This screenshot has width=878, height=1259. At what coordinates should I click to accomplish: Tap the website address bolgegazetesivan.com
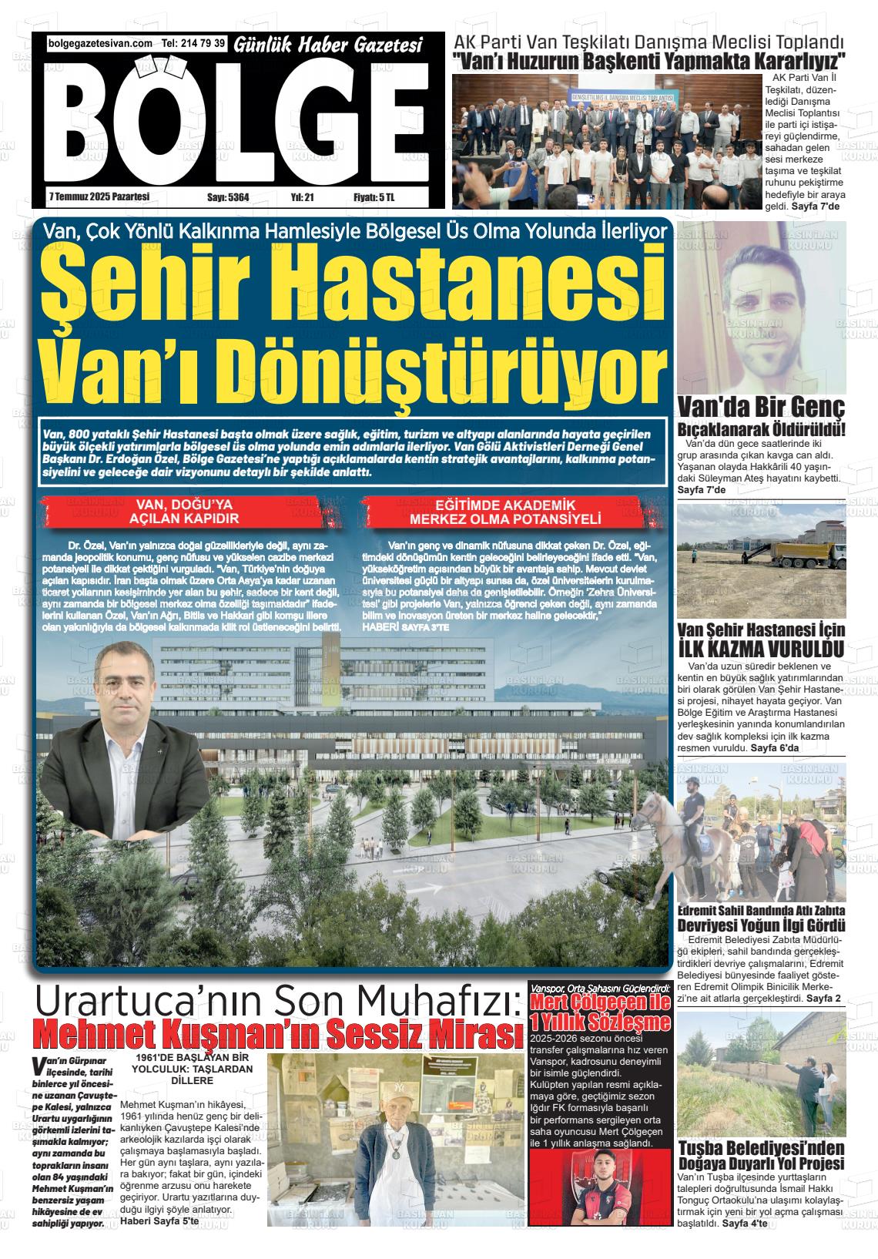(100, 45)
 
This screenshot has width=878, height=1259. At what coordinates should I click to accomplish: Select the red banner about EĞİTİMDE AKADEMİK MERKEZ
(505, 512)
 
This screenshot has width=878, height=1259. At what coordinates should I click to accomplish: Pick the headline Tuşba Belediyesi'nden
(760, 1148)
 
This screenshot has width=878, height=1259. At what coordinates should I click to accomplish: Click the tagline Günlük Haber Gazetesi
(328, 47)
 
